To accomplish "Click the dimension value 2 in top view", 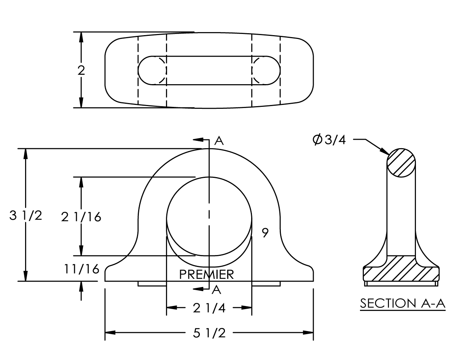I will point(81,70).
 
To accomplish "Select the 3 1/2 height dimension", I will point(26,216).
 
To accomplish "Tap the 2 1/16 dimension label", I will point(81,217).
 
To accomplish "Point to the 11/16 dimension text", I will point(81,269).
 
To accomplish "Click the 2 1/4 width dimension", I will point(209,308).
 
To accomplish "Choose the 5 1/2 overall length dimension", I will point(209,333).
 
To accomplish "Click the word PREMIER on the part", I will point(207,274).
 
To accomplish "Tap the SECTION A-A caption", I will point(403,303).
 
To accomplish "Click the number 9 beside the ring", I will point(265,233).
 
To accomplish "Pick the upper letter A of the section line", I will point(219,141).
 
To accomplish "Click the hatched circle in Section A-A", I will point(402,163).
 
